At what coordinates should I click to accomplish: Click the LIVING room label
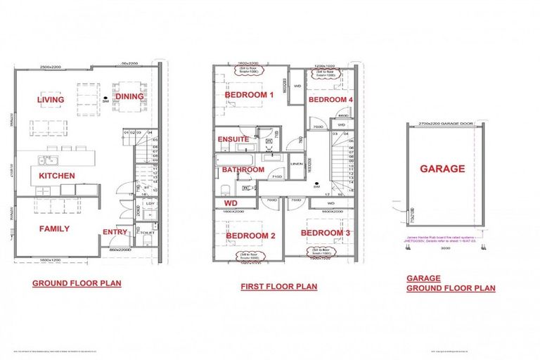click(51, 100)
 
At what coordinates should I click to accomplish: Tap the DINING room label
click(129, 97)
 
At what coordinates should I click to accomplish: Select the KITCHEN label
click(57, 176)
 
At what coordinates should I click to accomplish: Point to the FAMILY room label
click(54, 229)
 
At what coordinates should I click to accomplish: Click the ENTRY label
click(115, 232)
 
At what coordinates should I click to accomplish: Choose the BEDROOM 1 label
click(249, 94)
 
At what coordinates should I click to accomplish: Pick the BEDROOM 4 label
click(329, 100)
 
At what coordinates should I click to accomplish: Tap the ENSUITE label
click(233, 139)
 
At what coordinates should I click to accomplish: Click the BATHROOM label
click(243, 169)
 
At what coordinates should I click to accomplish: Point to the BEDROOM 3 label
click(326, 232)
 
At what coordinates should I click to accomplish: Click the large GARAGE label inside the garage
click(442, 169)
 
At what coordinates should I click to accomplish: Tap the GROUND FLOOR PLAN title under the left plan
click(77, 284)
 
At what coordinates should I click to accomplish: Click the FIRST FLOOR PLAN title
click(278, 286)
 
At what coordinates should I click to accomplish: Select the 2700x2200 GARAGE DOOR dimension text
click(442, 122)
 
